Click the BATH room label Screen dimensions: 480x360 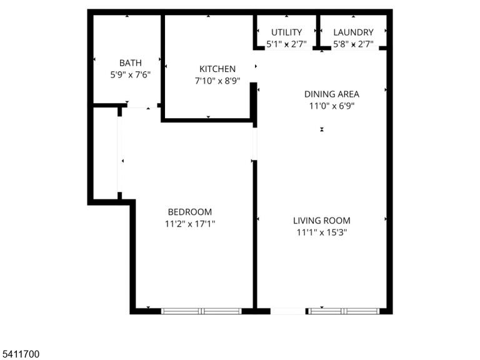[131, 63]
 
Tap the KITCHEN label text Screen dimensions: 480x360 [217, 69]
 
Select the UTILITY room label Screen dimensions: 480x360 [286, 32]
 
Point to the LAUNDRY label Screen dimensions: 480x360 [353, 32]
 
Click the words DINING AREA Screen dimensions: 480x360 [332, 94]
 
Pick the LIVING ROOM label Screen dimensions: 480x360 [322, 221]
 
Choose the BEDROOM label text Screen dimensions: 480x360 [190, 212]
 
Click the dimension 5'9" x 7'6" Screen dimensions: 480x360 [131, 75]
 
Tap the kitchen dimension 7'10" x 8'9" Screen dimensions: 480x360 [217, 81]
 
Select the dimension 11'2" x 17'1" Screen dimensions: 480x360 [190, 224]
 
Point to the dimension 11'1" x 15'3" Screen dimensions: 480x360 [322, 232]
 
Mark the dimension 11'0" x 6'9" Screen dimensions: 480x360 [332, 106]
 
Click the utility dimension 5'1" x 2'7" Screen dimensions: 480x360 [286, 44]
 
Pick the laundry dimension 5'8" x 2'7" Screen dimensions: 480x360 [353, 44]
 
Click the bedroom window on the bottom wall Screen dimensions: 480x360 [201, 311]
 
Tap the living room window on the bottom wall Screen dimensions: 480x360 [344, 311]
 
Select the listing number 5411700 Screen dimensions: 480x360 [19, 354]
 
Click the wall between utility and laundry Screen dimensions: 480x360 [318, 31]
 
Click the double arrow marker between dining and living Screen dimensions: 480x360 [322, 129]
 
